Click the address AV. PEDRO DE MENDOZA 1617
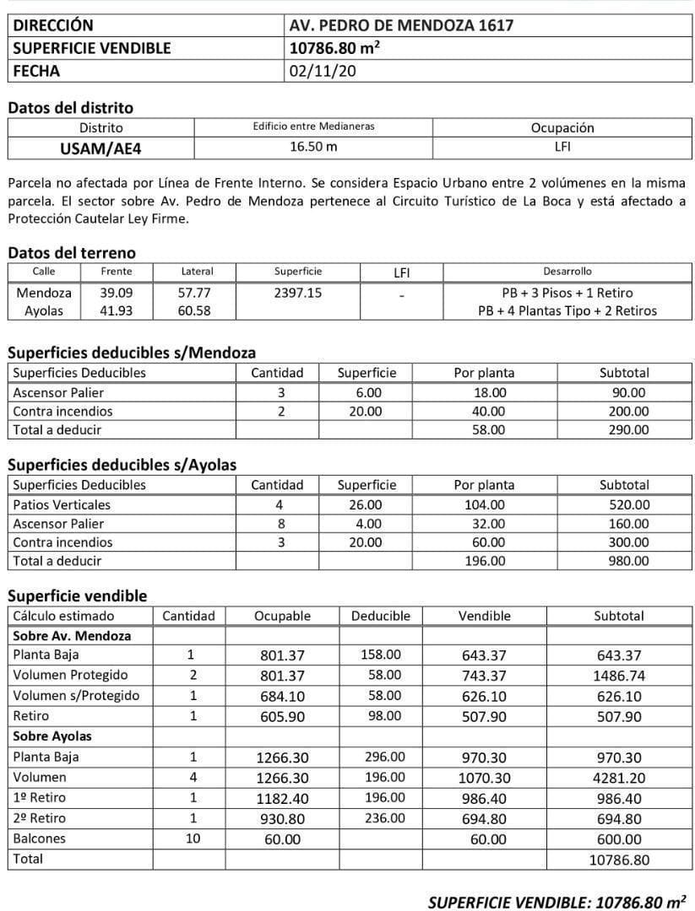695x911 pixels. click(x=401, y=25)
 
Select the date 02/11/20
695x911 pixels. click(x=323, y=71)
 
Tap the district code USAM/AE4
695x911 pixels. click(x=100, y=148)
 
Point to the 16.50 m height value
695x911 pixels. click(x=313, y=147)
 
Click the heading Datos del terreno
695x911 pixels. click(x=71, y=253)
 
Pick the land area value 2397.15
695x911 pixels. click(x=298, y=293)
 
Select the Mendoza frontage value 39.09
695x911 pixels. click(x=116, y=293)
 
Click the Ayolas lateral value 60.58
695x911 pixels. click(x=196, y=310)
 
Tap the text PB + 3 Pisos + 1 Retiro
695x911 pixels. click(x=567, y=293)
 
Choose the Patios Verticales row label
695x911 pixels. click(x=62, y=504)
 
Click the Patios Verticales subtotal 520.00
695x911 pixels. click(x=629, y=504)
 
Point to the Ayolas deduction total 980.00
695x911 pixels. click(x=629, y=560)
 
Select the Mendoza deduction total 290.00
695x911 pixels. click(x=629, y=429)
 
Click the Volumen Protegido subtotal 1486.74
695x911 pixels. click(x=618, y=676)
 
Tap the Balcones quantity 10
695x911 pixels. click(x=189, y=838)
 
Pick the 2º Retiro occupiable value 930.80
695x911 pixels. click(x=282, y=819)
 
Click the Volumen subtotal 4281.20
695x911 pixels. click(x=618, y=778)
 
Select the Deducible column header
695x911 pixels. click(x=380, y=616)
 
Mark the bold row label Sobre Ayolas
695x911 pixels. click(x=52, y=736)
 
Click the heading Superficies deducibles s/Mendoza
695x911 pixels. click(x=132, y=353)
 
